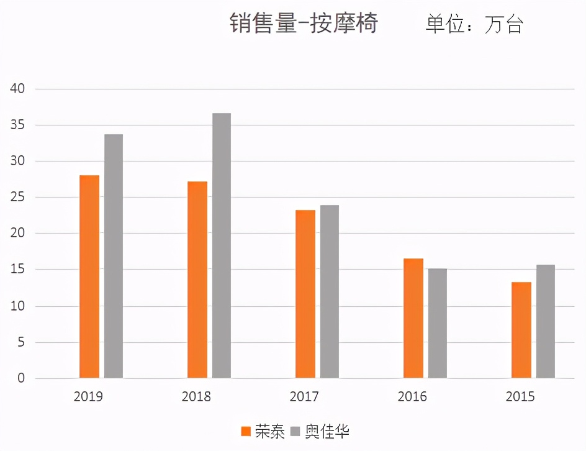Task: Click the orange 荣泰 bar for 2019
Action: pyautogui.click(x=89, y=276)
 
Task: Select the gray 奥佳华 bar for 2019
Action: pyautogui.click(x=114, y=256)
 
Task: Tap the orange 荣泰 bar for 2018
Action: pyautogui.click(x=197, y=280)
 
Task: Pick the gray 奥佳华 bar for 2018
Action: pyautogui.click(x=222, y=245)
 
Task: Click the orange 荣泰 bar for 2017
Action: pyautogui.click(x=305, y=294)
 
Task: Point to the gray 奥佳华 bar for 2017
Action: pyautogui.click(x=330, y=291)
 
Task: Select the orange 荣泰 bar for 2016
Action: pyautogui.click(x=413, y=318)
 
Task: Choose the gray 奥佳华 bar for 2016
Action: pyautogui.click(x=438, y=323)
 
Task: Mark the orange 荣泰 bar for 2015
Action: pyautogui.click(x=521, y=330)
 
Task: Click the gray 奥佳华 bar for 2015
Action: pyautogui.click(x=546, y=321)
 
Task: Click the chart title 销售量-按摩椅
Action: pyautogui.click(x=304, y=23)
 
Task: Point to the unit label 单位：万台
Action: pyautogui.click(x=474, y=24)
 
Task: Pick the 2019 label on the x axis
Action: pyautogui.click(x=89, y=396)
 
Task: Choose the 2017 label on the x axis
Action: pyautogui.click(x=304, y=396)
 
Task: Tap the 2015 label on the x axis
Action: pyautogui.click(x=520, y=396)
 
